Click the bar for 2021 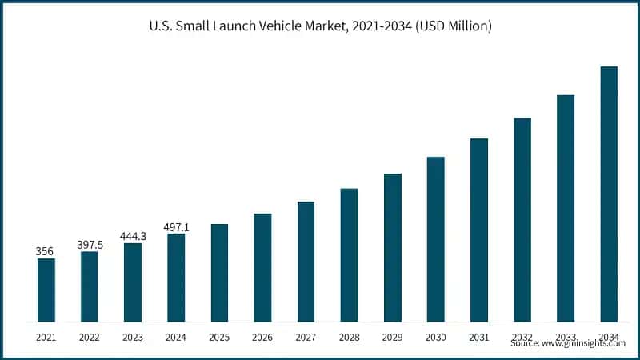(46, 290)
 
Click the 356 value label (45, 251)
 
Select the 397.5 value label (89, 244)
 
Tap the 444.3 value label (132, 236)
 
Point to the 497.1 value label (176, 226)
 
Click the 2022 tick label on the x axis (90, 338)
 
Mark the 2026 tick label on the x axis (262, 338)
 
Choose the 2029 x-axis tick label (392, 338)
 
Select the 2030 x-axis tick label (435, 338)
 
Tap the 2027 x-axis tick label (306, 338)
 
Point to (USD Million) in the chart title (452, 26)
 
